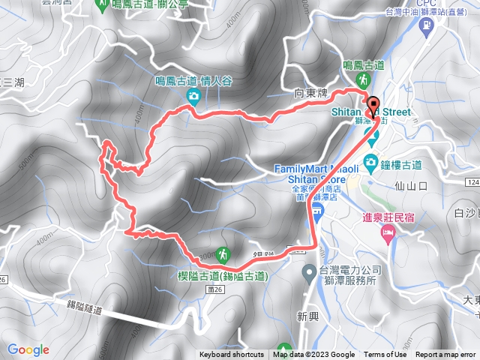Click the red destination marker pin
[373, 105]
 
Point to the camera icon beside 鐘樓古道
[370, 161]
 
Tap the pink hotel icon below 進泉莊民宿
[387, 234]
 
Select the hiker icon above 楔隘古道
[222, 254]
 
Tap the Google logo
[28, 349]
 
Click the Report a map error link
[446, 355]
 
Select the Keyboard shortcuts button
[231, 355]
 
